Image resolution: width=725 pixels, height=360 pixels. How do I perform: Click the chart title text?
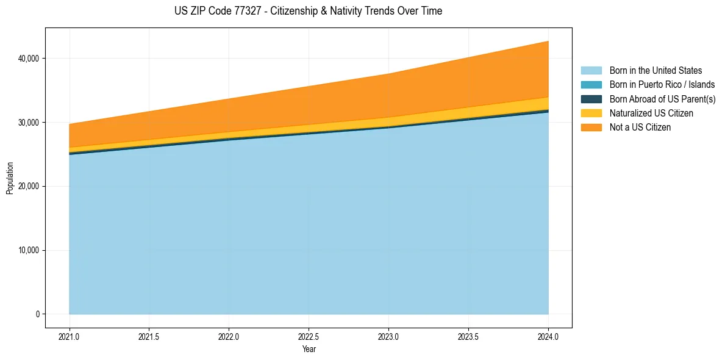pos(308,11)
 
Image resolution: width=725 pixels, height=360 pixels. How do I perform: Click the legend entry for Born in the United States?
pos(655,71)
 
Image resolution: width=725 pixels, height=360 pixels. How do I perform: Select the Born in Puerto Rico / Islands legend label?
pos(662,85)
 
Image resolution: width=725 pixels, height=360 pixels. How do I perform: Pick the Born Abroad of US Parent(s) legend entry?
pos(662,99)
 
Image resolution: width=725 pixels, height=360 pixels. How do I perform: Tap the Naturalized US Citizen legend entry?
pos(651,113)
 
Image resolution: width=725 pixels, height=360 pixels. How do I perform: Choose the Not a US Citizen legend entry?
pos(640,128)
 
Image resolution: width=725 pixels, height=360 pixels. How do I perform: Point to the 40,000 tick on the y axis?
pos(29,59)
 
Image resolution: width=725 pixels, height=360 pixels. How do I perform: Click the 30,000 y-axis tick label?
pos(29,123)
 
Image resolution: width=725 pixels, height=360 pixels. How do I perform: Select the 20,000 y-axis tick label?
pos(29,186)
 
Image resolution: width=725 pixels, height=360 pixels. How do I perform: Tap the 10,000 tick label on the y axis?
pos(29,250)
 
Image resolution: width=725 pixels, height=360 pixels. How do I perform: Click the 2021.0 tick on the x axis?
pos(70,336)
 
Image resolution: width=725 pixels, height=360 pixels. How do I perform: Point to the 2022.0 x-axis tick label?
pos(229,336)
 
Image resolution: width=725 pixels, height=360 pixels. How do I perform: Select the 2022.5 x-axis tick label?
pos(309,336)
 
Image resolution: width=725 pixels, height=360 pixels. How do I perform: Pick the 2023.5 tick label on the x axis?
pos(468,336)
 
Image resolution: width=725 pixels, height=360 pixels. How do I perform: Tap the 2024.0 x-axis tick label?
pos(548,336)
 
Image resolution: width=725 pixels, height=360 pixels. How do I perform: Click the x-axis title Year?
pos(309,349)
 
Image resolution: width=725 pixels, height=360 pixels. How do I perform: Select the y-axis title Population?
pos(10,178)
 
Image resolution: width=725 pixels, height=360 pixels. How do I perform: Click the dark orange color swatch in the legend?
pos(591,128)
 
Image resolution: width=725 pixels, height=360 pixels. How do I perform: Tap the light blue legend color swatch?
pos(591,71)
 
